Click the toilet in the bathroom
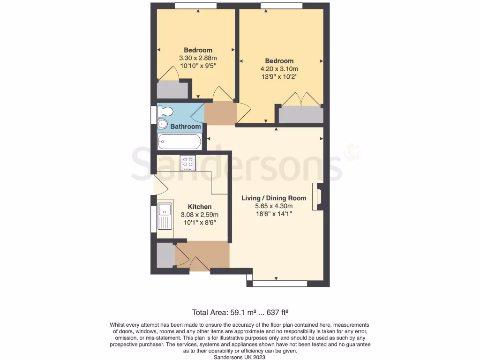pos(165,112)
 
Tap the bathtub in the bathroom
pos(180,142)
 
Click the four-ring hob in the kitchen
pos(188,163)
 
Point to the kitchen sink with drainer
pos(165,216)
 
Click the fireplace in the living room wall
pos(319,197)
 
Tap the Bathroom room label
pos(185,127)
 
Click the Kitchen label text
pos(200,207)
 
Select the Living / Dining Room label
pos(274,198)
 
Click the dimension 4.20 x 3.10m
pos(279,69)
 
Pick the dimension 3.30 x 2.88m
pos(198,58)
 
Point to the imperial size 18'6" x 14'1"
pos(274,214)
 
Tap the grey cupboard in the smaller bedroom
pos(172,90)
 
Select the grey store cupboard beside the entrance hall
pos(165,255)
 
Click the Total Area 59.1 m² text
pos(243,312)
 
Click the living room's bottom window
pos(280,284)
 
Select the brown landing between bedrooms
pos(220,113)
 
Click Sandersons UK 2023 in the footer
pos(240,357)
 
